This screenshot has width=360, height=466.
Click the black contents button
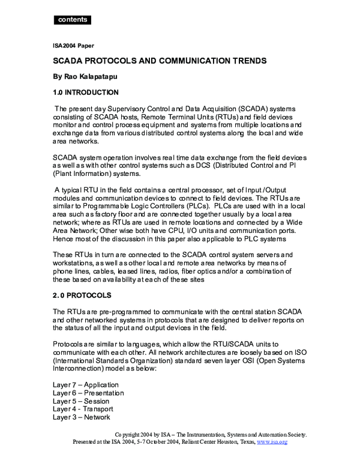pos(73,20)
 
